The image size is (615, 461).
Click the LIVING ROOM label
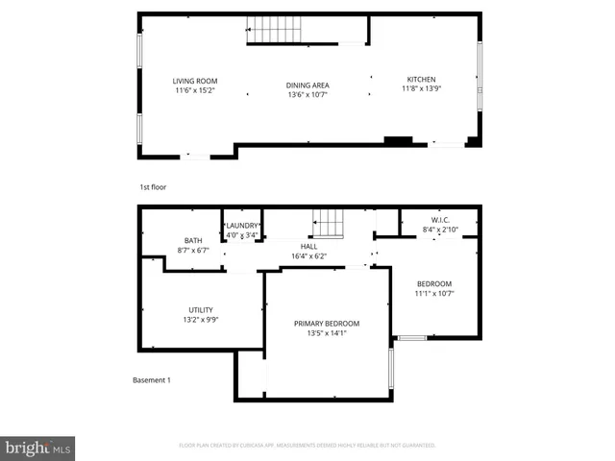[195, 81]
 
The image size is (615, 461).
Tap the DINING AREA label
[307, 85]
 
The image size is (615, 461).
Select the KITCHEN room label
[421, 80]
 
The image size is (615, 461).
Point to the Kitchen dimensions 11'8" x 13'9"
[421, 89]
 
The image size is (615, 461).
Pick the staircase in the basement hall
[328, 224]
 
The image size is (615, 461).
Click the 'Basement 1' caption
[151, 380]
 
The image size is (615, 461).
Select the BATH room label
[193, 240]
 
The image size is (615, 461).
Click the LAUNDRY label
[242, 225]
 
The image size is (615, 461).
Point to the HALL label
[307, 247]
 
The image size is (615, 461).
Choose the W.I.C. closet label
[440, 220]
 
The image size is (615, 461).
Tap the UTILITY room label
[200, 309]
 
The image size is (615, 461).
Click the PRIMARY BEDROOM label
[327, 324]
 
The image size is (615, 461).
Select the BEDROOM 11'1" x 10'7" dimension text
[434, 293]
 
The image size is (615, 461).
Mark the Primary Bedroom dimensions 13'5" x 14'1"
[327, 333]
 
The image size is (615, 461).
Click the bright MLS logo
[38, 448]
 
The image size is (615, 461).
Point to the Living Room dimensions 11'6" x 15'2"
[195, 90]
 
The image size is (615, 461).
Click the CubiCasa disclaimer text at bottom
[307, 446]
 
